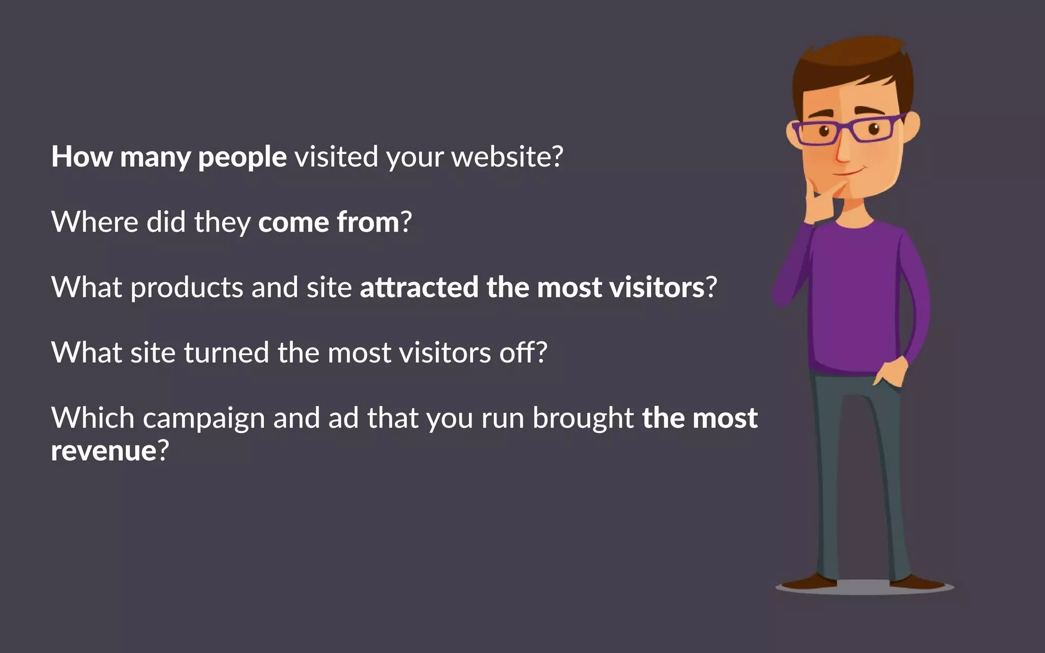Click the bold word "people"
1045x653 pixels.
pyautogui.click(x=242, y=157)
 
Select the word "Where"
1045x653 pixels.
pyautogui.click(x=95, y=222)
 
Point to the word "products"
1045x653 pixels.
pyautogui.click(x=187, y=288)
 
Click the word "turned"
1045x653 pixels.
pyautogui.click(x=226, y=353)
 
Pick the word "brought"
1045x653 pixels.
pyautogui.click(x=583, y=418)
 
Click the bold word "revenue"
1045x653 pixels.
pyautogui.click(x=104, y=451)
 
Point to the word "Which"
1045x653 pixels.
pyautogui.click(x=93, y=418)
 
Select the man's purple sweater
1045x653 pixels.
pyautogui.click(x=857, y=301)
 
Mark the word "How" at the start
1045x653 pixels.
pyautogui.click(x=82, y=156)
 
